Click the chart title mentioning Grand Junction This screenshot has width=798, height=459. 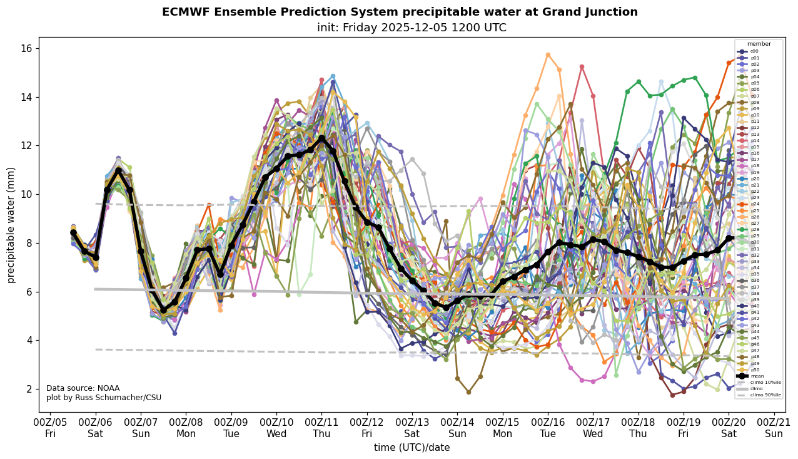coord(400,12)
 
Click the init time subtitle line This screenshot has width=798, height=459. coord(400,28)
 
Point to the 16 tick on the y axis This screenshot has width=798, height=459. coord(28,49)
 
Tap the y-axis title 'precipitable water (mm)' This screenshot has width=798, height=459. coord(11,225)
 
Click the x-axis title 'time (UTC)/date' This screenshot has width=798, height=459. coord(412,448)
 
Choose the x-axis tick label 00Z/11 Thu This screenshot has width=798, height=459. coord(321,428)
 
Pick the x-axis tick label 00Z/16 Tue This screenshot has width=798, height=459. coord(548,428)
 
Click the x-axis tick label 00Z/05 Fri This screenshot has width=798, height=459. coord(51,428)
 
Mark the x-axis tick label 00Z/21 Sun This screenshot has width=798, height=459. coord(774,428)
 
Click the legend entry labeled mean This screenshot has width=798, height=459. coord(756,376)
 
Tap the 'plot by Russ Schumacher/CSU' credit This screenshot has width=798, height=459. coord(104,398)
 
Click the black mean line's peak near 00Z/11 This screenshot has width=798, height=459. coord(321,138)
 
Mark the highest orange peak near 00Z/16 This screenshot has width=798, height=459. coord(548,55)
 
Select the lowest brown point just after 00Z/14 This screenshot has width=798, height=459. coord(468,392)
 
